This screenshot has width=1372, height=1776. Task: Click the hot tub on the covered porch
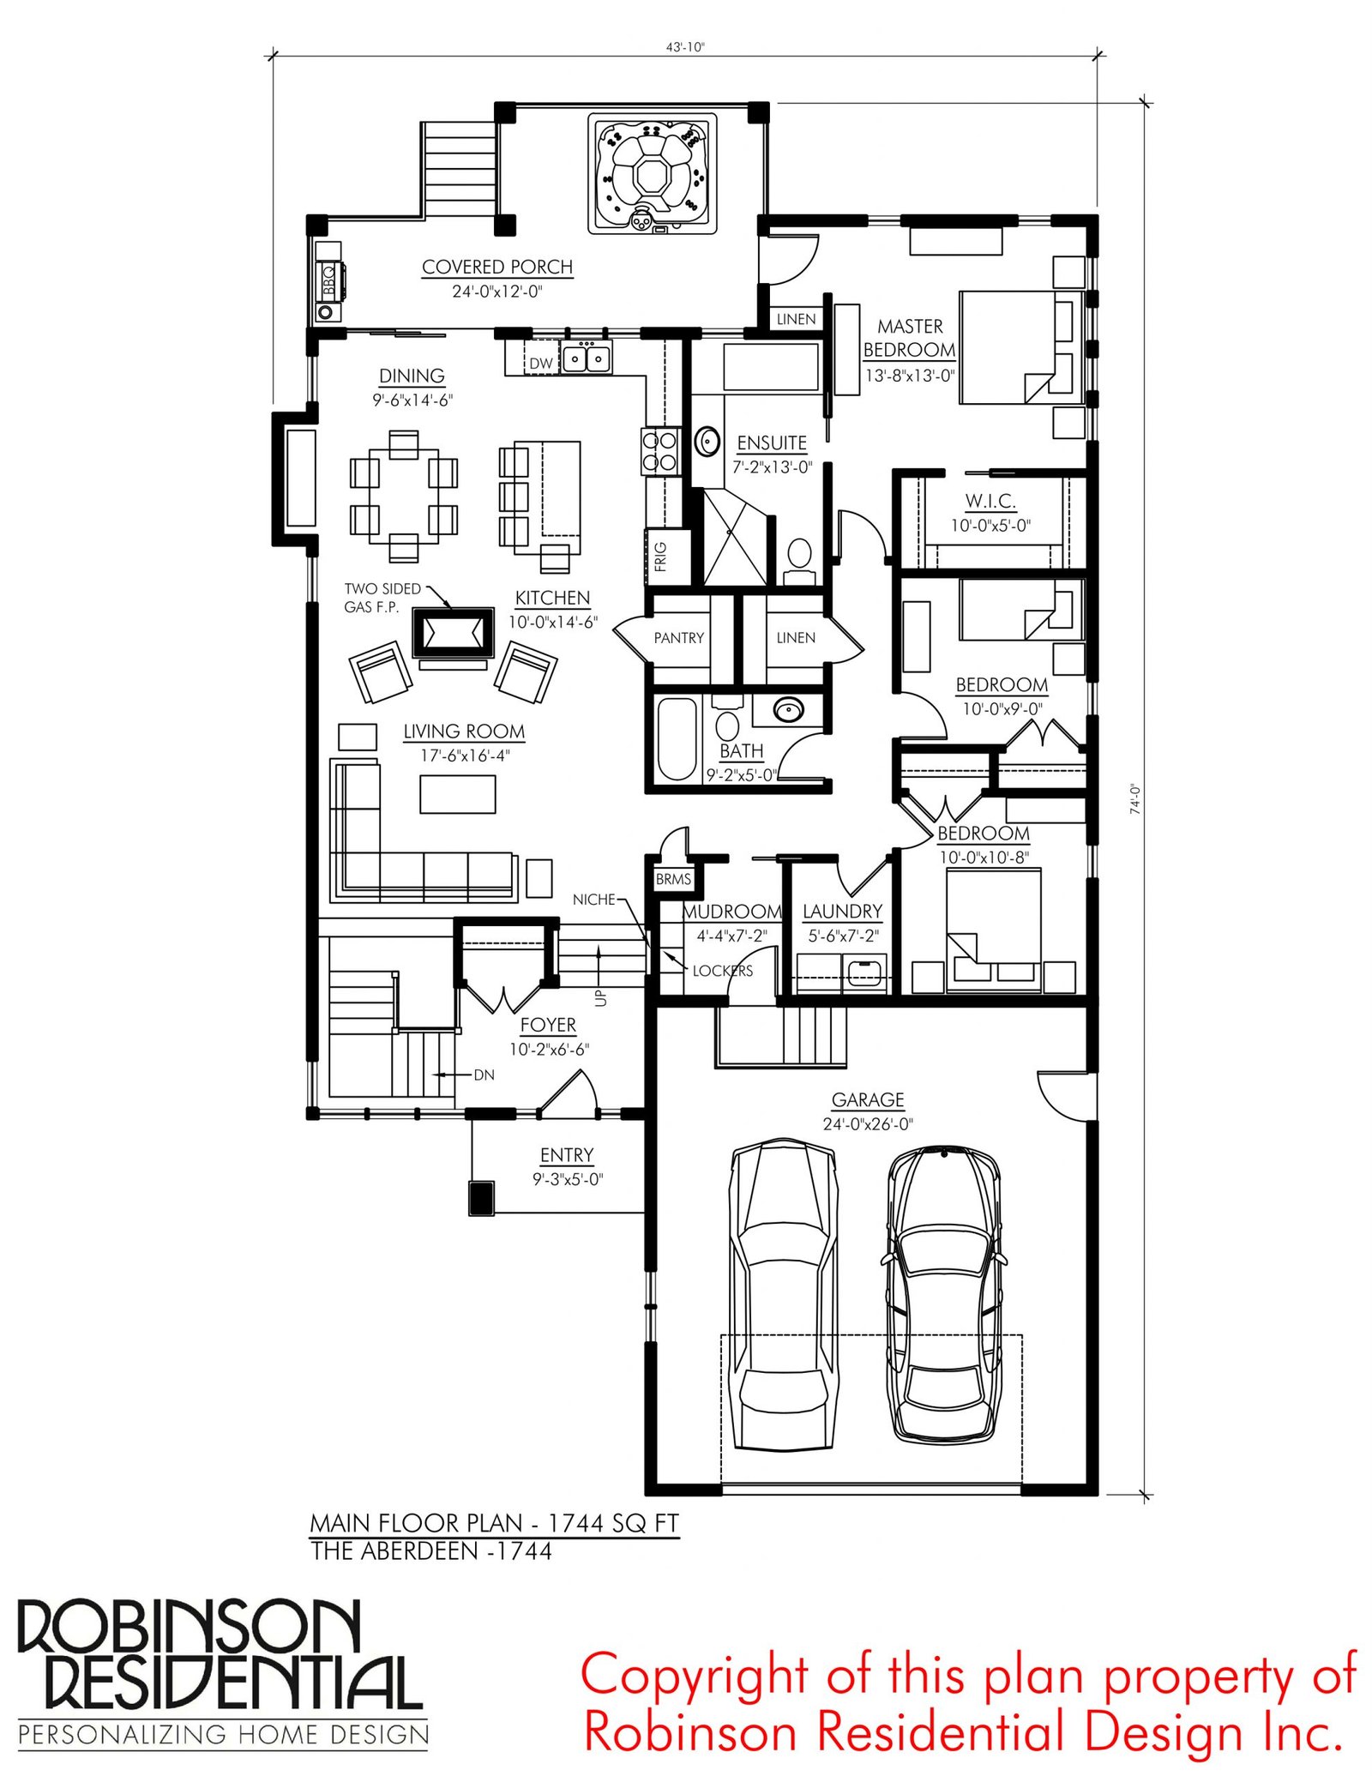click(652, 173)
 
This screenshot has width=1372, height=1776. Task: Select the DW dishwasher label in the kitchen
click(541, 364)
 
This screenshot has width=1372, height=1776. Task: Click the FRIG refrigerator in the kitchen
click(661, 557)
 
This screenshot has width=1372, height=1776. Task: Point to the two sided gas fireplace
click(454, 633)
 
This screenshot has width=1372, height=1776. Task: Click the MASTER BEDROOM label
click(909, 338)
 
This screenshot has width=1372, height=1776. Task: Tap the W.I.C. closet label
click(990, 501)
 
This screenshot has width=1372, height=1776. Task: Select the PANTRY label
click(678, 638)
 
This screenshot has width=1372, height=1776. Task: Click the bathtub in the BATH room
click(677, 739)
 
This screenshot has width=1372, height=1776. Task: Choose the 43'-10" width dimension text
click(685, 47)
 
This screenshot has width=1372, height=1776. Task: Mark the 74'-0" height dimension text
click(1135, 798)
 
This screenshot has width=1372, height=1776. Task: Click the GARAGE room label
click(868, 1099)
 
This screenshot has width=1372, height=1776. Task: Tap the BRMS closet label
click(673, 879)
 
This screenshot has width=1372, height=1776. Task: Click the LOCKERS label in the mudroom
click(723, 971)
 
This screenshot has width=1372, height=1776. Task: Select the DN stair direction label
click(484, 1075)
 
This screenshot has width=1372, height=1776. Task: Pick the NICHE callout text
click(594, 900)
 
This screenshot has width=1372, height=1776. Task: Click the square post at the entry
click(482, 1198)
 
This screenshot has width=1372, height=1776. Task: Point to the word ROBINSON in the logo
click(190, 1627)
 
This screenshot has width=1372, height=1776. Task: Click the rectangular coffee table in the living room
click(457, 794)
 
